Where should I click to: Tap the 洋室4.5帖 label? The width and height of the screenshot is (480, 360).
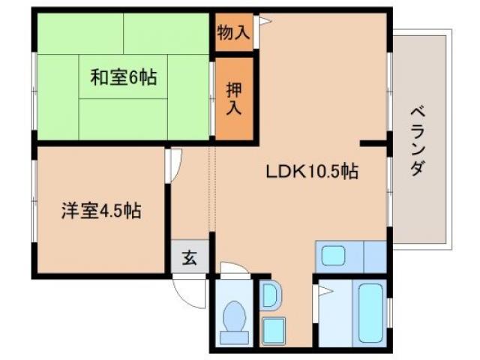[x=100, y=210]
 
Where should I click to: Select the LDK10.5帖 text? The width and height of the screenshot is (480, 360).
[x=312, y=172]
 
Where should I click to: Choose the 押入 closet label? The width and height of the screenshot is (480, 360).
[x=234, y=97]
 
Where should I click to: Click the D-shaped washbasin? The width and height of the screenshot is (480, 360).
[x=269, y=295]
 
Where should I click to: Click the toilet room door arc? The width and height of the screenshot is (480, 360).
[x=235, y=268]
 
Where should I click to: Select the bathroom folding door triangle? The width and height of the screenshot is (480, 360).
[x=324, y=289]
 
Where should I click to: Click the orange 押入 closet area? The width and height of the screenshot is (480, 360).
[x=234, y=112]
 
